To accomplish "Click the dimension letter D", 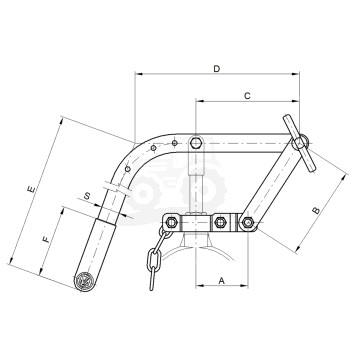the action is pyautogui.click(x=217, y=69).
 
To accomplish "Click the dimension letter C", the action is pyautogui.click(x=247, y=96).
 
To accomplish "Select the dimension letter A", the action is pyautogui.click(x=222, y=281).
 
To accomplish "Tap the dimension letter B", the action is pyautogui.click(x=316, y=211).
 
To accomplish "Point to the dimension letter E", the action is pyautogui.click(x=31, y=189).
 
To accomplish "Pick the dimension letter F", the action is pyautogui.click(x=47, y=239).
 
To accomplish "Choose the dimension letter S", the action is pyautogui.click(x=87, y=196).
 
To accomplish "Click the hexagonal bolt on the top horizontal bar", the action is pyautogui.click(x=195, y=143).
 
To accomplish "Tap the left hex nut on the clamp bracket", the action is pyautogui.click(x=172, y=222).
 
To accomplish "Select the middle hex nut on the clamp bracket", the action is pyautogui.click(x=219, y=222).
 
